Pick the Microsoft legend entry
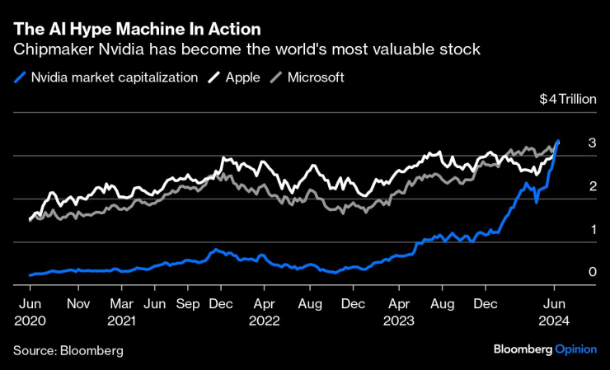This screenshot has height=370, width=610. [312, 77]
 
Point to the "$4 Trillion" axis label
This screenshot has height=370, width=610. [567, 99]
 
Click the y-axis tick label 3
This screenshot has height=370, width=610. [592, 143]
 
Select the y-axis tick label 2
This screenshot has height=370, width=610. [592, 186]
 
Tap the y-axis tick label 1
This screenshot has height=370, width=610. [592, 229]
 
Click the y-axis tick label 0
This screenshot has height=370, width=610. [592, 272]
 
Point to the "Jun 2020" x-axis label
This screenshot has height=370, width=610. [30, 310]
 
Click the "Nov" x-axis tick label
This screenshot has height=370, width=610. [77, 302]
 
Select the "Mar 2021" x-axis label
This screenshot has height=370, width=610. [121, 310]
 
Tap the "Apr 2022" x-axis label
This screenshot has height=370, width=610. [264, 310]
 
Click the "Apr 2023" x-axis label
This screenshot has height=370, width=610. [398, 310]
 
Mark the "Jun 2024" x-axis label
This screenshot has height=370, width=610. [554, 310]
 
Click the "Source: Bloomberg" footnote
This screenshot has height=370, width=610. [68, 350]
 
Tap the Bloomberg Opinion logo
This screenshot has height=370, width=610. [544, 349]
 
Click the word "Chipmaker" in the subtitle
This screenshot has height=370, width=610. [49, 50]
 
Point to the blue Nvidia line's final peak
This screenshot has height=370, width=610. [559, 142]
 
